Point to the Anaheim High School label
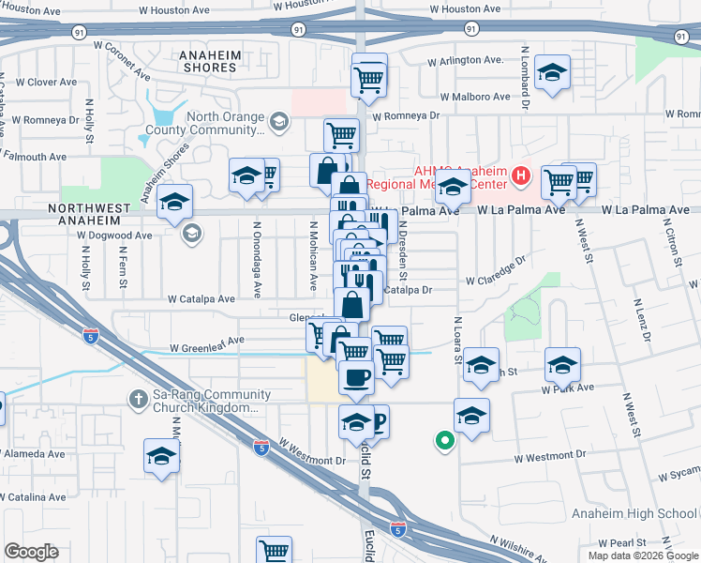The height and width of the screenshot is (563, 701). [634, 513]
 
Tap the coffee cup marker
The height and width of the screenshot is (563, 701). [355, 377]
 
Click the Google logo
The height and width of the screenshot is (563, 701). [31, 551]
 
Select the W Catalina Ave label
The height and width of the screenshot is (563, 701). [32, 496]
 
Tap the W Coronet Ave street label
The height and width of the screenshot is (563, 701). [122, 58]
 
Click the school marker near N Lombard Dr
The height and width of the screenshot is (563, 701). [552, 72]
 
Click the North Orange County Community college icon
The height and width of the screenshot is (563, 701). [278, 122]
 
